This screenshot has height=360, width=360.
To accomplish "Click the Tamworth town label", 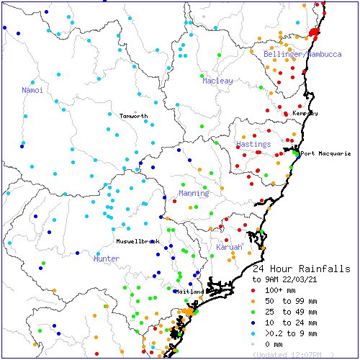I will tap(133, 116).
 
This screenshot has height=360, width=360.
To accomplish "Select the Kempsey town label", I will tap(305, 114).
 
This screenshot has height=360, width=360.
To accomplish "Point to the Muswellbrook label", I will tap(138, 240).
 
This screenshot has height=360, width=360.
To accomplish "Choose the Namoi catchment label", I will tap(32, 90).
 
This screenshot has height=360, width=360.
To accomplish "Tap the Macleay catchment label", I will tap(217, 81).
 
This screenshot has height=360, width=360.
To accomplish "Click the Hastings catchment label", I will tap(253, 145).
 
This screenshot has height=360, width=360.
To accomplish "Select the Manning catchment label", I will tap(194, 193).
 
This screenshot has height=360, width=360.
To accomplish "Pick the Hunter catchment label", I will tap(107, 258).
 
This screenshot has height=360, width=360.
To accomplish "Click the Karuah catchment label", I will tap(230, 247).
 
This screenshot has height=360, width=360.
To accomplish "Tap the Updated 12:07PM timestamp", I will tap(292, 355).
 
